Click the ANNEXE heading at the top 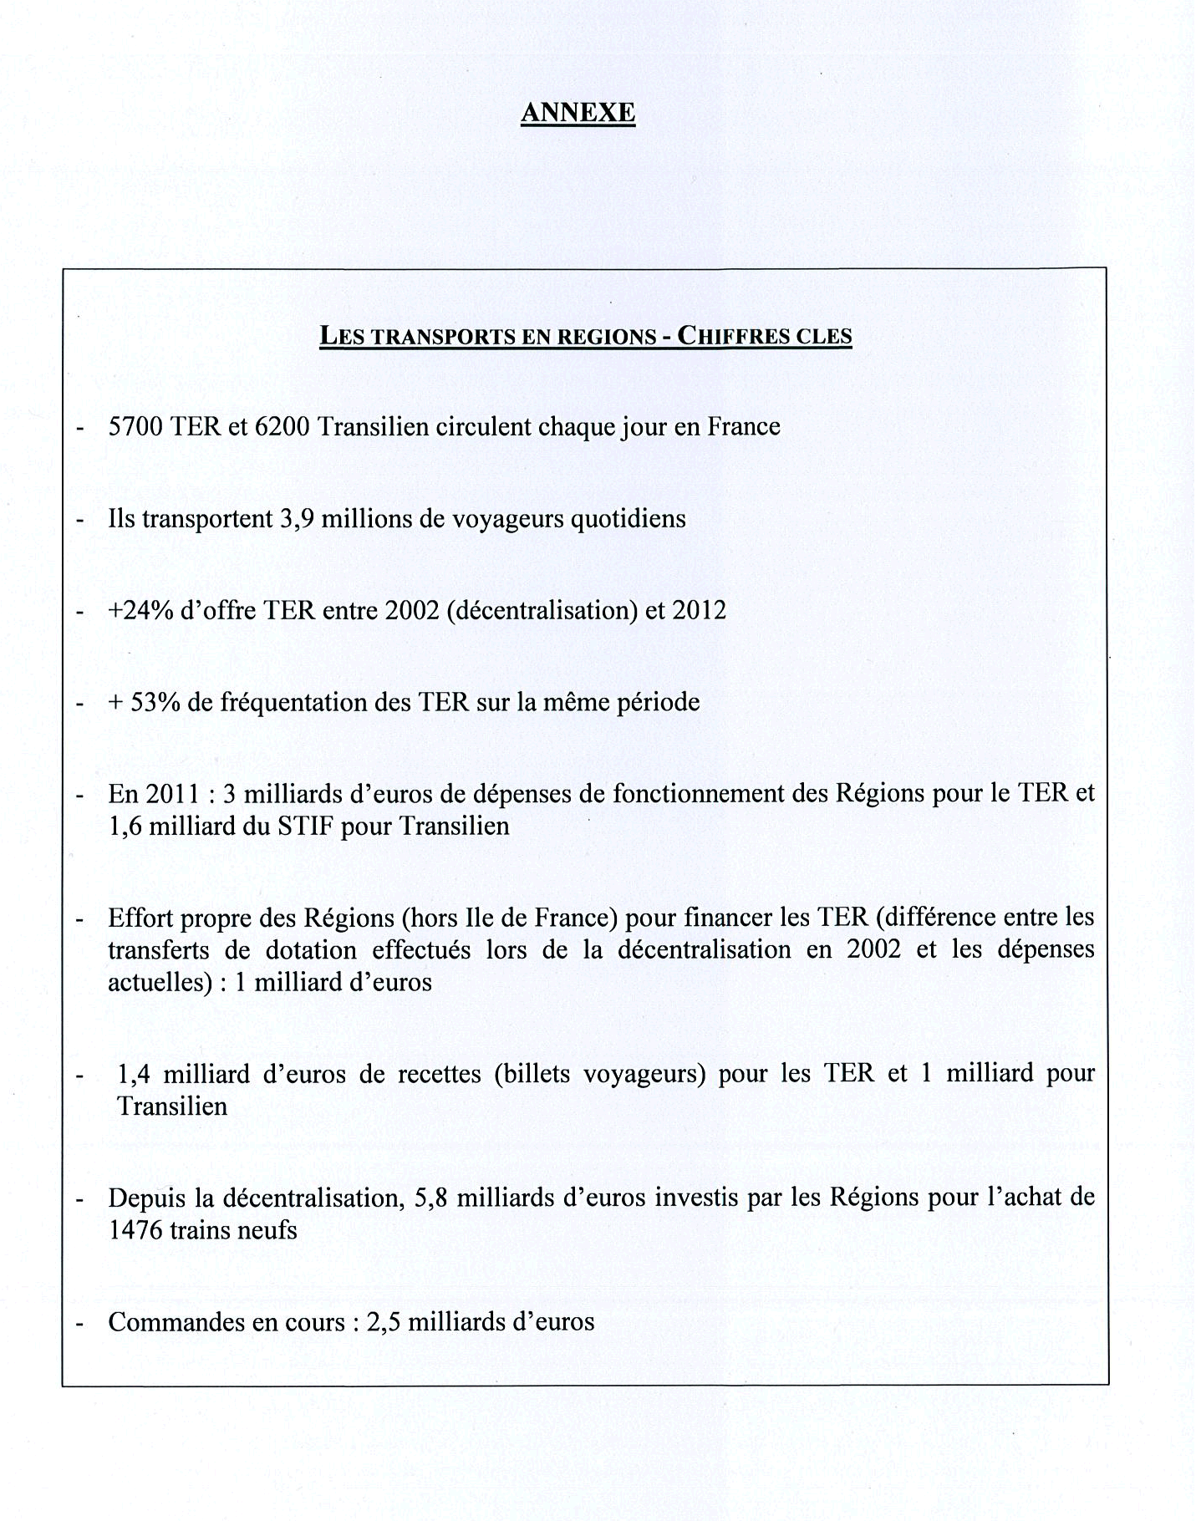coord(578,112)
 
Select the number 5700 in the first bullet coord(136,427)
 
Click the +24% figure coord(140,610)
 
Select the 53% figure coord(151,702)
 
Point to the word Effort coord(139,918)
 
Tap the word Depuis coord(145,1198)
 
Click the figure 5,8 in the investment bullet coord(430,1198)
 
